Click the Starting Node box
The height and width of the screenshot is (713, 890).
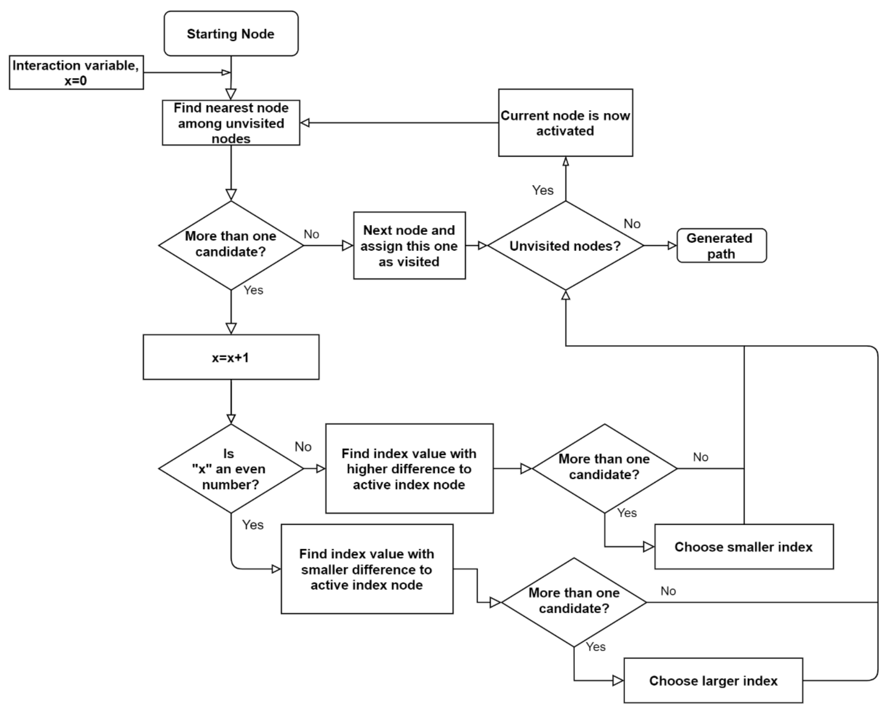(x=231, y=33)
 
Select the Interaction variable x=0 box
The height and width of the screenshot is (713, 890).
(x=76, y=72)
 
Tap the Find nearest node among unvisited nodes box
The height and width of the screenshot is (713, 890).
(x=231, y=123)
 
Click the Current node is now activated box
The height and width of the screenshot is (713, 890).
(x=565, y=123)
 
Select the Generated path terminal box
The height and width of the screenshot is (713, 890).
(x=721, y=245)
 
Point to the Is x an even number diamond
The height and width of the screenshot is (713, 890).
(x=231, y=468)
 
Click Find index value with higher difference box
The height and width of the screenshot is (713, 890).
(x=409, y=468)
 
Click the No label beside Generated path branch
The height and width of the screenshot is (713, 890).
(x=632, y=224)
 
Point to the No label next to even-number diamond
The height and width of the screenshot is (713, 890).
(x=303, y=446)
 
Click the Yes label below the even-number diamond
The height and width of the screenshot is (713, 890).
(x=252, y=524)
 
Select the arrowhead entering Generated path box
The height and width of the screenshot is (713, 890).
(x=672, y=245)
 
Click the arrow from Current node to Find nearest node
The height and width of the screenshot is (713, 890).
(x=398, y=123)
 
